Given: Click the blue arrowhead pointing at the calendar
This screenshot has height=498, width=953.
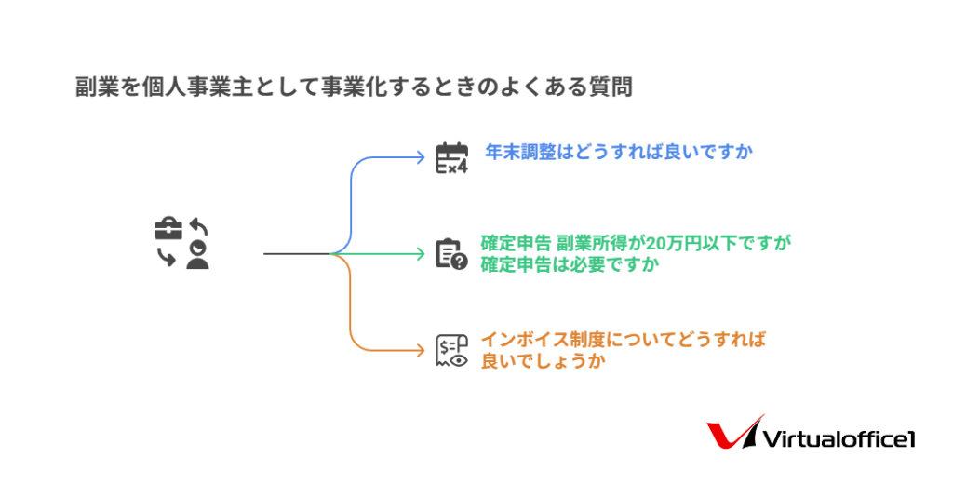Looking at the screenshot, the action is [421, 157].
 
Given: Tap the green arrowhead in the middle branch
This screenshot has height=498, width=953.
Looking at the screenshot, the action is [421, 253].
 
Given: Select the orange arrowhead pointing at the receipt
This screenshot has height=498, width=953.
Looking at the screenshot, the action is [421, 350].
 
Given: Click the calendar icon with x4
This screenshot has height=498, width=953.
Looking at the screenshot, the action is [451, 158].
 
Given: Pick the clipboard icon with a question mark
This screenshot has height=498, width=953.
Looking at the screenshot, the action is [451, 253].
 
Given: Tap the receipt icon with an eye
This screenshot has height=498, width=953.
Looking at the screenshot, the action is [451, 350].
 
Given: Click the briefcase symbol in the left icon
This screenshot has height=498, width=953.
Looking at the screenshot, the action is [168, 229].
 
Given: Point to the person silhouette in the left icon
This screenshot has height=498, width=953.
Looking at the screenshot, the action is [197, 255].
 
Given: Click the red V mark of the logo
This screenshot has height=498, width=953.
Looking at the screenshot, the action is [735, 432].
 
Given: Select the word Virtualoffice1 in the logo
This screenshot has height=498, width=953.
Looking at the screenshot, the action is [839, 439].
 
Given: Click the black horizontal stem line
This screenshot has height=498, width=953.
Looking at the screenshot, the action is [297, 253].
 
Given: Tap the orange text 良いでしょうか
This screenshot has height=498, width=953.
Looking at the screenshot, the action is [543, 360].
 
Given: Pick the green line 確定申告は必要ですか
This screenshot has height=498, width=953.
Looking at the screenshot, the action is [570, 264].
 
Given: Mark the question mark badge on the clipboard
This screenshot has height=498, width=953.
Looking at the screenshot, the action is [460, 262].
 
